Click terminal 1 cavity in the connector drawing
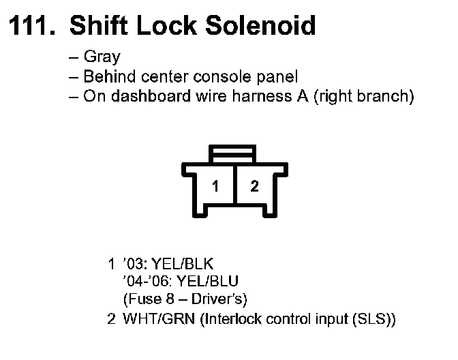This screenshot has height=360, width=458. pos(215,185)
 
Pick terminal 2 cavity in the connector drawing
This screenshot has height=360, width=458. pos(254,185)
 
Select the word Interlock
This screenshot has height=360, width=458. pos(229,318)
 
